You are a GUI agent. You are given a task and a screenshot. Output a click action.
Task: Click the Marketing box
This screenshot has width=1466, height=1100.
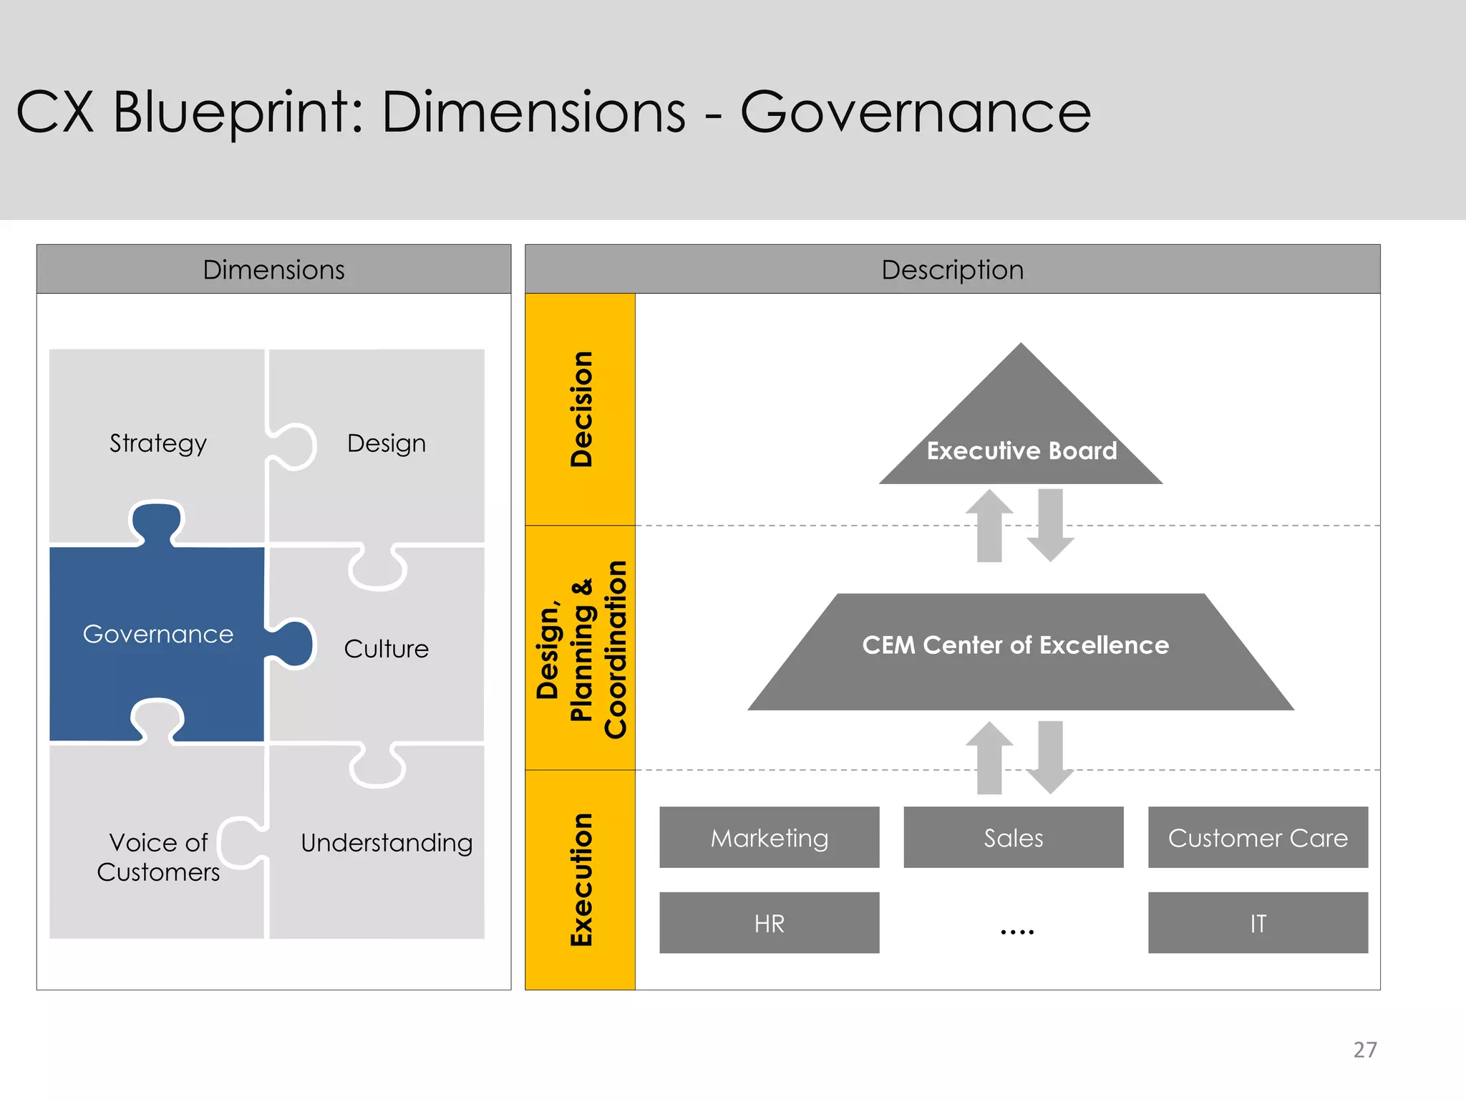(x=769, y=837)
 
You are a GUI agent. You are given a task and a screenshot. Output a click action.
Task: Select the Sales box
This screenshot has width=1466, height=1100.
(x=1013, y=837)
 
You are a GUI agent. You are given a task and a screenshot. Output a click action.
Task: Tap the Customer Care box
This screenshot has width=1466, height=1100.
(x=1258, y=837)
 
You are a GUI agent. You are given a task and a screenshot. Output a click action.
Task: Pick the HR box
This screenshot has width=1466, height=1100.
(x=769, y=923)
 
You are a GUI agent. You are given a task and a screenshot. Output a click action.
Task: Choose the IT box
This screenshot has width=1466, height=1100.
(x=1258, y=923)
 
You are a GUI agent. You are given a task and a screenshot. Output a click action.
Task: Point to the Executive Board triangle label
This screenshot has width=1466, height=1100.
(x=1021, y=450)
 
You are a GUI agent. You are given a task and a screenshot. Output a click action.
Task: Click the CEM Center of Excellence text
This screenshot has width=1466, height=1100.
(x=1015, y=645)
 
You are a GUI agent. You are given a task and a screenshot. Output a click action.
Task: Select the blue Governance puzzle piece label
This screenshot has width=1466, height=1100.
(x=158, y=634)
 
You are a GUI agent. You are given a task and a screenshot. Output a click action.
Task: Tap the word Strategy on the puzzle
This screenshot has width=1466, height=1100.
(x=158, y=443)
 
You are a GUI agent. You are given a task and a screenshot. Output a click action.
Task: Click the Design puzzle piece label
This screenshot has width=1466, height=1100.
(x=387, y=443)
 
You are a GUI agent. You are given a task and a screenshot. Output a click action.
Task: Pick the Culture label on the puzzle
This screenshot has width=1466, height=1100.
(x=387, y=649)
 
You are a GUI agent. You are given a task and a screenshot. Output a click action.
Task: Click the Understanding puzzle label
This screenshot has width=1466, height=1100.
(x=387, y=843)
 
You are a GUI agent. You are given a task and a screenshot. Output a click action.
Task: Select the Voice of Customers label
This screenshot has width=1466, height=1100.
(x=158, y=857)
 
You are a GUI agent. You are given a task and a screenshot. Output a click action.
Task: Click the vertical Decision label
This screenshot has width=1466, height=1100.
(x=581, y=409)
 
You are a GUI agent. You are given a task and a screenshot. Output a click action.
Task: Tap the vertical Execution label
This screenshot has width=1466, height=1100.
(x=581, y=879)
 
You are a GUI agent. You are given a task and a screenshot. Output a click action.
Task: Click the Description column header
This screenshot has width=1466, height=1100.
(x=952, y=269)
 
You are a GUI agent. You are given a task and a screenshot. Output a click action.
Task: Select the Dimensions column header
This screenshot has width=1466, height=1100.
(x=273, y=269)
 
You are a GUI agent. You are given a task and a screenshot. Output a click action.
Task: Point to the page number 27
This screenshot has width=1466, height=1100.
(x=1364, y=1049)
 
